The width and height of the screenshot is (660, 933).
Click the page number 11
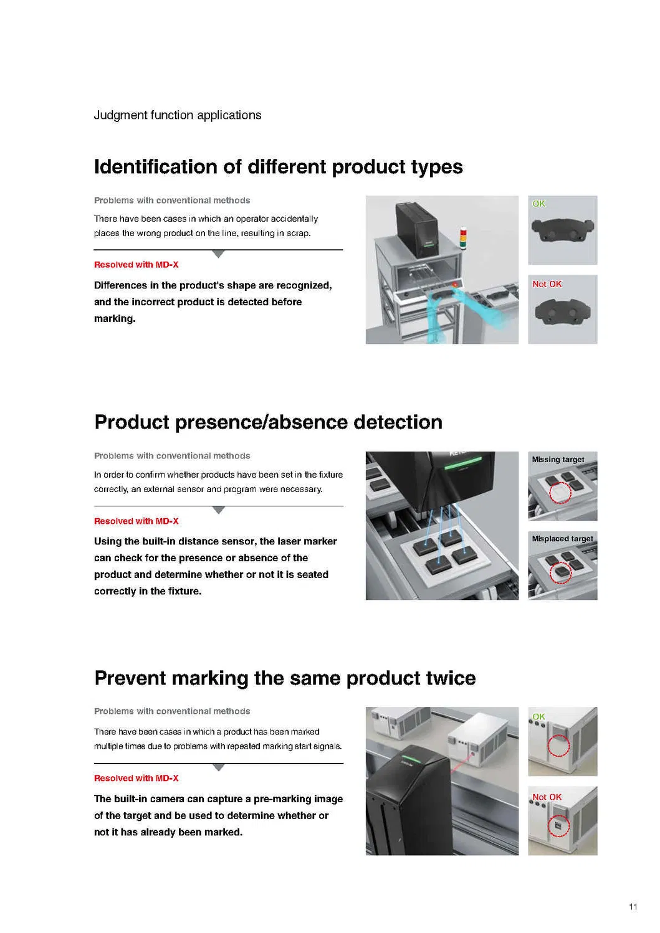pyautogui.click(x=633, y=907)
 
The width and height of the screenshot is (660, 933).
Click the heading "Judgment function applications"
pyautogui.click(x=178, y=115)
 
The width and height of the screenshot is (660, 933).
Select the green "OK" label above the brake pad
pyautogui.click(x=538, y=204)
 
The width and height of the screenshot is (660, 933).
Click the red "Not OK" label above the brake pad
pyautogui.click(x=547, y=284)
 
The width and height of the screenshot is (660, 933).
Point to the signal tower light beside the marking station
pyautogui.click(x=463, y=238)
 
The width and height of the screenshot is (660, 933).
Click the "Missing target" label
pyautogui.click(x=558, y=460)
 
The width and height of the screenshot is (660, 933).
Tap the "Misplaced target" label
pyautogui.click(x=563, y=539)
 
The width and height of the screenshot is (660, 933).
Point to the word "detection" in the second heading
pyautogui.click(x=398, y=422)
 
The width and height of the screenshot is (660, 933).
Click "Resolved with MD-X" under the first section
pyautogui.click(x=136, y=265)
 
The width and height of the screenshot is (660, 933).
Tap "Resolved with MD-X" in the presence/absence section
pyautogui.click(x=136, y=521)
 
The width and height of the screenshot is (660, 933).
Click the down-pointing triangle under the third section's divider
pyautogui.click(x=218, y=767)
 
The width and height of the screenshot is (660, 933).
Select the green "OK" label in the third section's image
pyautogui.click(x=538, y=717)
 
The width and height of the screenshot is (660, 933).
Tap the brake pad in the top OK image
pyautogui.click(x=563, y=230)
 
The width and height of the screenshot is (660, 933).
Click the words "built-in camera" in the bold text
pyautogui.click(x=150, y=799)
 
